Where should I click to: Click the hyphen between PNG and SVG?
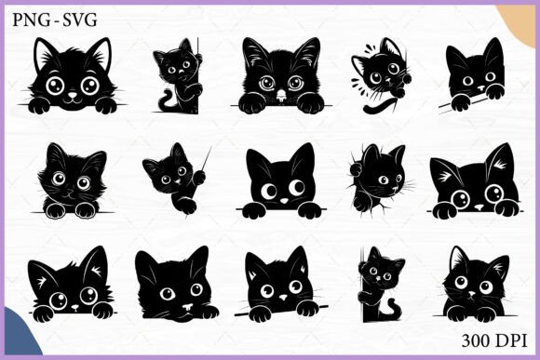click(56, 21)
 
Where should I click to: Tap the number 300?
click(476, 340)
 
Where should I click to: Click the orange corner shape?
click(519, 22)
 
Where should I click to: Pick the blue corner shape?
click(20, 334)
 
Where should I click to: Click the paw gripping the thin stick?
click(199, 178)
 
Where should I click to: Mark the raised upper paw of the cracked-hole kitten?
click(356, 169)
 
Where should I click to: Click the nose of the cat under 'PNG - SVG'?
click(73, 95)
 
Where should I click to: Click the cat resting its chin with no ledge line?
click(176, 285)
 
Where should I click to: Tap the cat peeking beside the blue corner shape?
click(72, 285)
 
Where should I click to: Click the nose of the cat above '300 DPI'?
click(472, 294)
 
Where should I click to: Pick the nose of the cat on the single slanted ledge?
click(283, 297)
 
